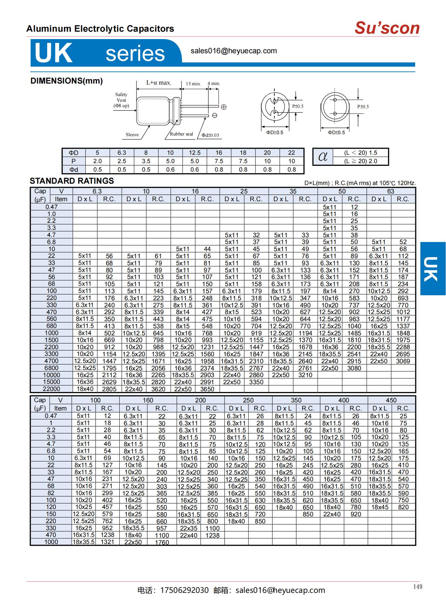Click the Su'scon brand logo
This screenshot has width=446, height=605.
pyautogui.click(x=387, y=28)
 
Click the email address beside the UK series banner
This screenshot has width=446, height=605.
pyautogui.click(x=234, y=51)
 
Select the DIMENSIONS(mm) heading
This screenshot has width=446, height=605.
pyautogui.click(x=66, y=81)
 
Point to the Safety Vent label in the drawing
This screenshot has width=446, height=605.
pyautogui.click(x=121, y=100)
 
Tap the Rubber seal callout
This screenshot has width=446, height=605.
pyautogui.click(x=181, y=134)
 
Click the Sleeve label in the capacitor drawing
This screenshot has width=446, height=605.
pyautogui.click(x=132, y=135)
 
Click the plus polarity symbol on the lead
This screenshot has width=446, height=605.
pyautogui.click(x=224, y=107)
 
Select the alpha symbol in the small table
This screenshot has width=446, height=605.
pyautogui.click(x=323, y=156)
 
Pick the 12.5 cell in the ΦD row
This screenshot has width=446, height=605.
pyautogui.click(x=195, y=153)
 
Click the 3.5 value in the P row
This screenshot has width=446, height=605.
pyautogui.click(x=146, y=161)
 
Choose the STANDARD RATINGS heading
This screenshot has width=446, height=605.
pyautogui.click(x=72, y=181)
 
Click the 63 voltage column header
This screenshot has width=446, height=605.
pyautogui.click(x=391, y=191)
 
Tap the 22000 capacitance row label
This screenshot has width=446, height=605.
pyautogui.click(x=51, y=389)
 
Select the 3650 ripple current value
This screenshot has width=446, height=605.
pyautogui.click(x=207, y=389)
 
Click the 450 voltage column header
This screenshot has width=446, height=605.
pyautogui.click(x=391, y=400)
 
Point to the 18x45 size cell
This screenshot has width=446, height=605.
pyautogui.click(x=380, y=507)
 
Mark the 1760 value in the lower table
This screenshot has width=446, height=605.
pyautogui.click(x=162, y=542)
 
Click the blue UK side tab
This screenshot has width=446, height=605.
pyautogui.click(x=433, y=269)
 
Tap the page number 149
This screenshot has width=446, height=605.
pyautogui.click(x=417, y=587)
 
